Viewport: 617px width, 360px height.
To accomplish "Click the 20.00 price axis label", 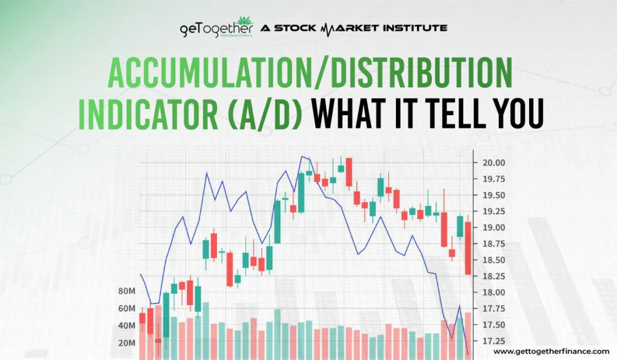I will point(493,163).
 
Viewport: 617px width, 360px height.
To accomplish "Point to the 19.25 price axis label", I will point(493,212).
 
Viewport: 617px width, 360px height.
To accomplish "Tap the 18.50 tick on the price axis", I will point(493,260).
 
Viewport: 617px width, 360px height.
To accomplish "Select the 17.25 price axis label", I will point(493,341).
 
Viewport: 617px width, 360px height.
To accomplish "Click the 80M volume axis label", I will point(127,291).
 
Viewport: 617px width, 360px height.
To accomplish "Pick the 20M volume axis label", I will point(127,343).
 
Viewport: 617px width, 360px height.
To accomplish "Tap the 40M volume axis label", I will point(127,326).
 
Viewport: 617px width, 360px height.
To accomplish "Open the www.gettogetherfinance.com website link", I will point(551,351).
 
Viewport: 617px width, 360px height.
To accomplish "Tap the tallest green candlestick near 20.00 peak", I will point(301,192).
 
